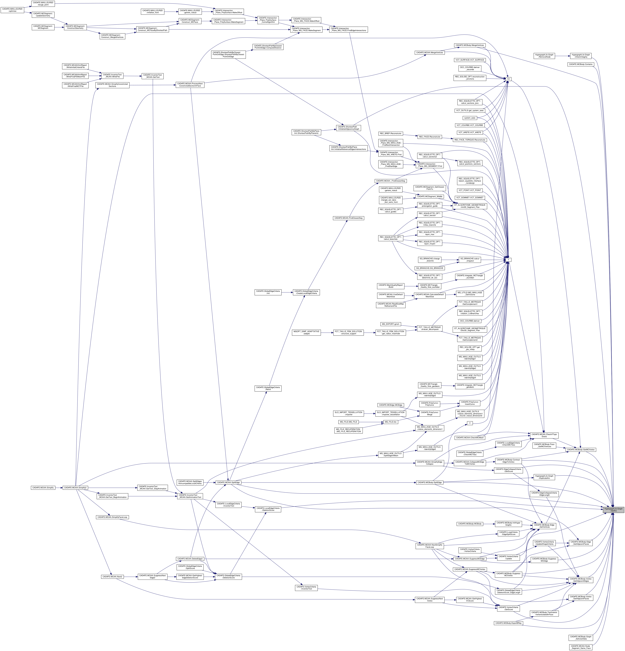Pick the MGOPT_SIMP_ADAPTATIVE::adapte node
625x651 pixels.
306,333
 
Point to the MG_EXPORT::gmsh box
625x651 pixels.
390,324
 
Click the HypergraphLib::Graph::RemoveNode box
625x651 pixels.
544,56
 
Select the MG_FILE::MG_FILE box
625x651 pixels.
348,422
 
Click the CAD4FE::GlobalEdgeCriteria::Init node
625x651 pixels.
268,292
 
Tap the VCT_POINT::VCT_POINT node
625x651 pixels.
470,190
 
